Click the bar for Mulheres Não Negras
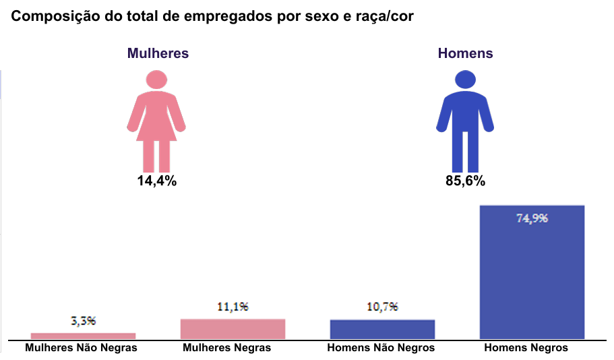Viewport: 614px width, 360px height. pyautogui.click(x=83, y=336)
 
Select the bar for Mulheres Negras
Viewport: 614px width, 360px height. pyautogui.click(x=233, y=328)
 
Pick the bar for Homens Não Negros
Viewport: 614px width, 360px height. pyautogui.click(x=382, y=329)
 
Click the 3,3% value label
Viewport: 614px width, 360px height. pyautogui.click(x=83, y=321)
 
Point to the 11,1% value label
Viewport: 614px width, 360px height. pyautogui.click(x=233, y=306)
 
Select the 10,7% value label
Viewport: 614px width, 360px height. pyautogui.click(x=382, y=307)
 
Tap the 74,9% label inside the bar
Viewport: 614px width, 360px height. pyautogui.click(x=532, y=218)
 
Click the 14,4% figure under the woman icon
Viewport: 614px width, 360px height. pyautogui.click(x=156, y=181)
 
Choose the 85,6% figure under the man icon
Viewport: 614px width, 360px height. pyautogui.click(x=465, y=181)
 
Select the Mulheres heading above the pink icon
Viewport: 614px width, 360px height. pyautogui.click(x=158, y=53)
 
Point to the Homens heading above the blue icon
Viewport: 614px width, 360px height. pyautogui.click(x=465, y=53)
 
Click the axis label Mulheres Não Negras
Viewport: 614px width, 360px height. pyautogui.click(x=81, y=348)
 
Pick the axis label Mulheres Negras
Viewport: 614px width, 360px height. pyautogui.click(x=227, y=348)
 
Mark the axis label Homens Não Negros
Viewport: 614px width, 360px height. pyautogui.click(x=381, y=348)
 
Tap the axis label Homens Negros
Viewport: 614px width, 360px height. pyautogui.click(x=526, y=348)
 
